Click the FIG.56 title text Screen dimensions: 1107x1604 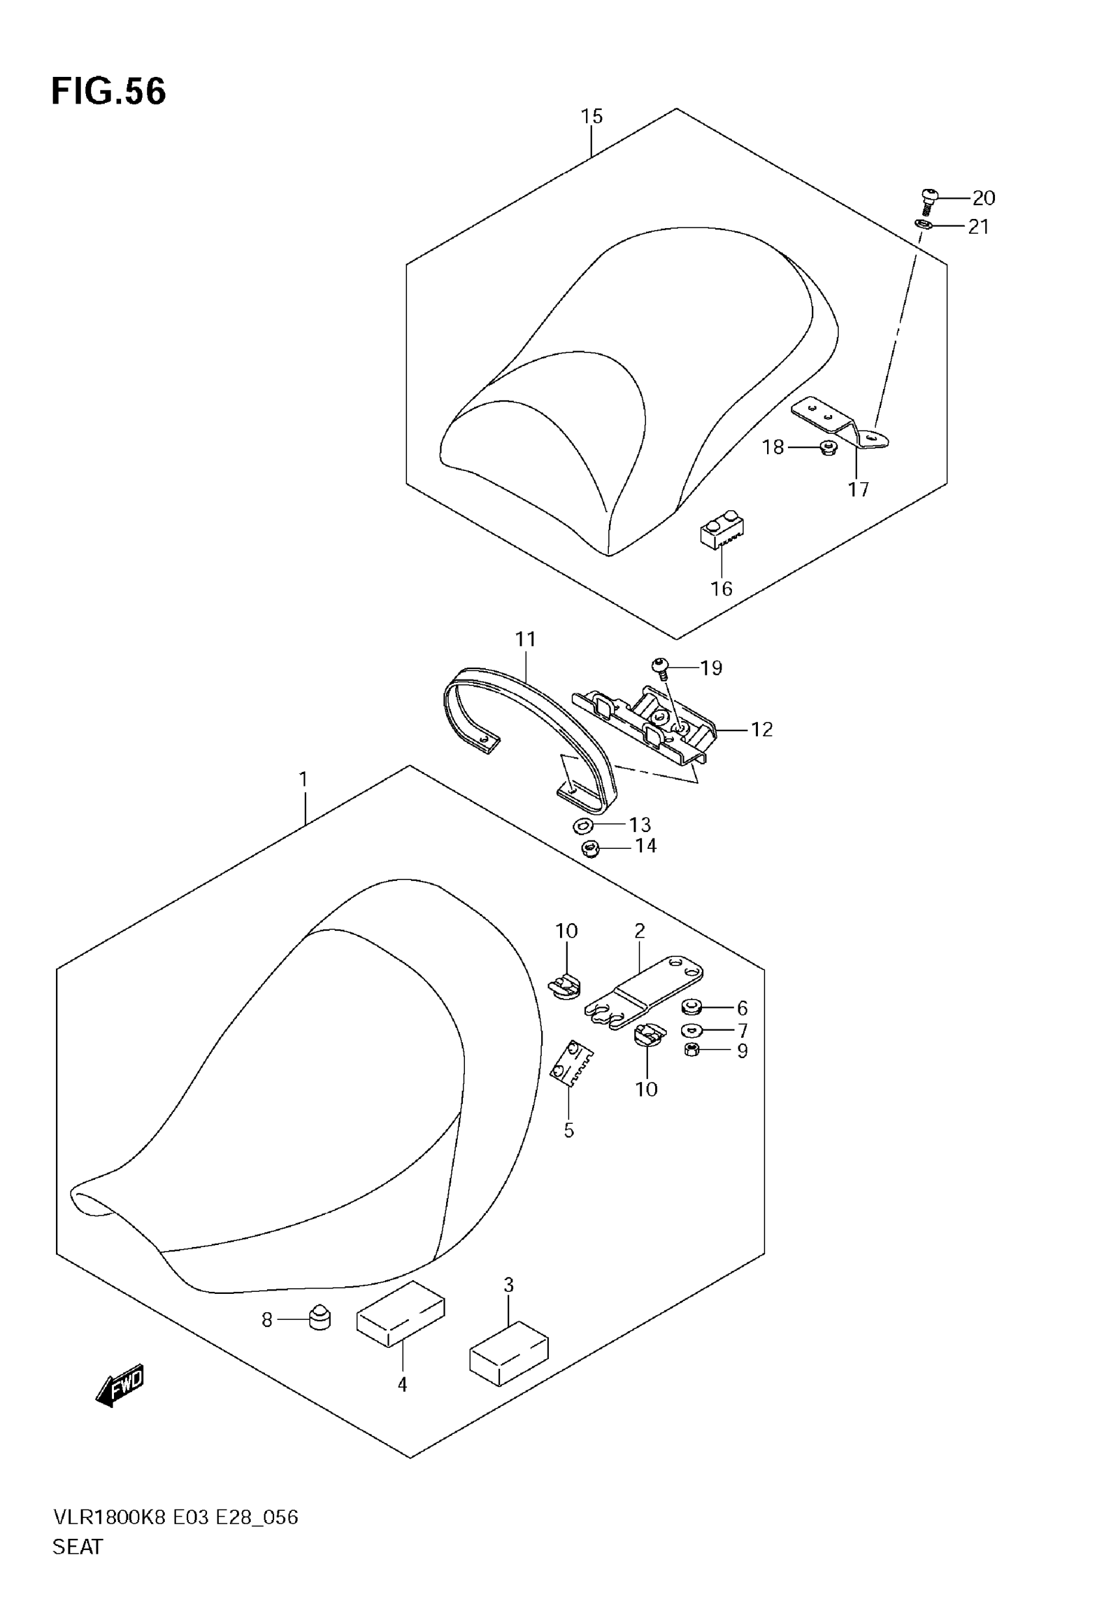[109, 92]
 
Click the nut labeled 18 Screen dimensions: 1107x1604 [828, 448]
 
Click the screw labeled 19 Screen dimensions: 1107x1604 [660, 668]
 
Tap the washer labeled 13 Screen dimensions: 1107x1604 [582, 825]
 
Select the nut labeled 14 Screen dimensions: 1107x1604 [590, 847]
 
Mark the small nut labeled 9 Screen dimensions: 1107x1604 [691, 1050]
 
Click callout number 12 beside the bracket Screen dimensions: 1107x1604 [762, 729]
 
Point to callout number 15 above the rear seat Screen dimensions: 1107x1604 [592, 116]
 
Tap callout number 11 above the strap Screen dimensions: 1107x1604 [525, 639]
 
